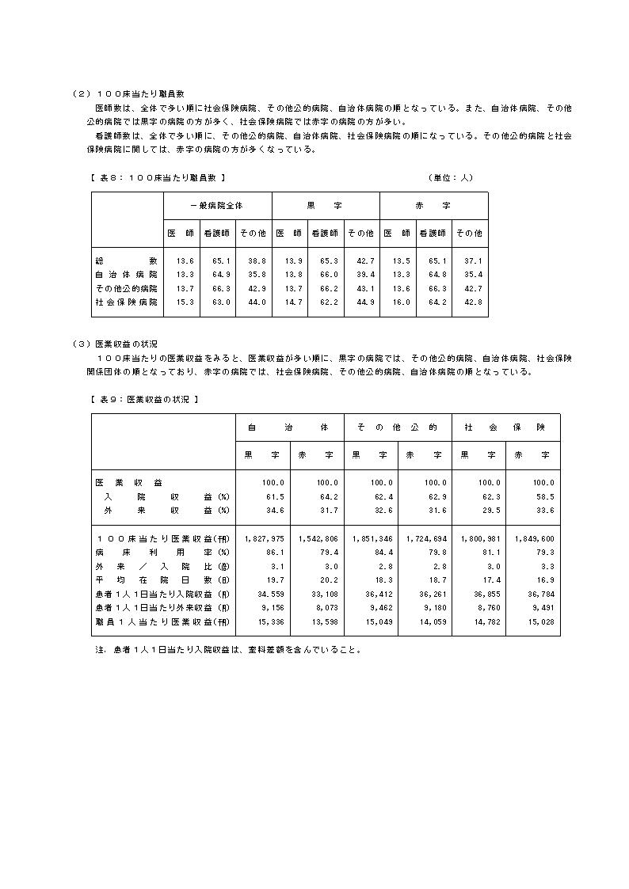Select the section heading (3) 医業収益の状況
click(x=114, y=344)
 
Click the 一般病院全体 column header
click(x=217, y=205)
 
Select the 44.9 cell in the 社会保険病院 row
click(x=363, y=302)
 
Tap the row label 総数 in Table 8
click(x=125, y=260)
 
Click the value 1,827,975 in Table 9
click(x=265, y=538)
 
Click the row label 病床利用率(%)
click(x=162, y=552)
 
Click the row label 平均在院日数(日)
click(x=162, y=580)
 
